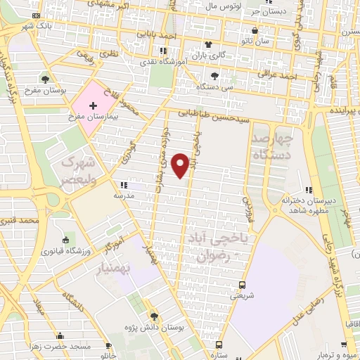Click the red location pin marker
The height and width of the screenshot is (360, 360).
click(181, 164)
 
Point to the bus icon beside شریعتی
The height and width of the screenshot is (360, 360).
click(242, 285)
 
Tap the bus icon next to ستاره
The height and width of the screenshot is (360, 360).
click(219, 345)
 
